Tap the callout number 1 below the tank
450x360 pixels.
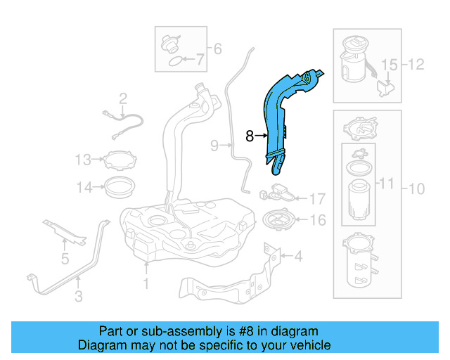[x=146, y=284]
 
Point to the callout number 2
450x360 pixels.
[x=122, y=98]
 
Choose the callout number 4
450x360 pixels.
[x=217, y=49]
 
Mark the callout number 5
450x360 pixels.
[x=200, y=61]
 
